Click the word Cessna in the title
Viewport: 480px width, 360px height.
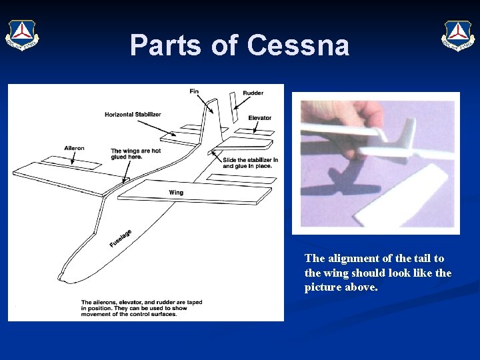coord(298,45)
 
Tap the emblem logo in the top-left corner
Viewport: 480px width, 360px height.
coord(22,35)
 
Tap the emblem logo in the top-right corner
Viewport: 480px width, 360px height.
coord(458,34)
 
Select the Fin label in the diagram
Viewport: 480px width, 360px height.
coord(194,91)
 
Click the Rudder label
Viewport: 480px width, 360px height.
coord(253,93)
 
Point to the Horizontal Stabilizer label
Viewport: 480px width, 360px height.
coord(133,115)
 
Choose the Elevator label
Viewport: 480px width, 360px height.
coord(259,118)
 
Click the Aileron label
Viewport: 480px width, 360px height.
coord(74,148)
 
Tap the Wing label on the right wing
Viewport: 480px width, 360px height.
coord(176,193)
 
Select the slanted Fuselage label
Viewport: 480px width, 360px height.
coord(120,238)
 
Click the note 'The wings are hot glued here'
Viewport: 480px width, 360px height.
coord(135,154)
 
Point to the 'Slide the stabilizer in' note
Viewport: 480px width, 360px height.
coord(250,163)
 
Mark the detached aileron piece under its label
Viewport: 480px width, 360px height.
coord(56,161)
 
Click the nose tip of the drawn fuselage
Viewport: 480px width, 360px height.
coord(61,276)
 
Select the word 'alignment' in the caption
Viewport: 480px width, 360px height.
coord(351,259)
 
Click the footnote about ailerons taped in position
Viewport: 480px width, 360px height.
coord(141,308)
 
